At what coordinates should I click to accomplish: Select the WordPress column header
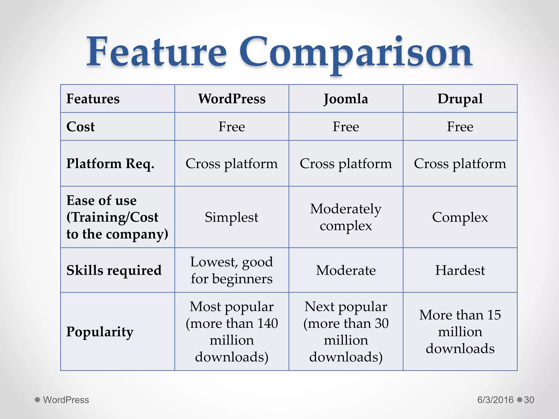pyautogui.click(x=232, y=99)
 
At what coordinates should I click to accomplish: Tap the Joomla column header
pyautogui.click(x=346, y=99)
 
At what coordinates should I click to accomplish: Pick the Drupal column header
pyautogui.click(x=460, y=99)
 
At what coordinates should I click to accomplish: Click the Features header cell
pyautogui.click(x=93, y=99)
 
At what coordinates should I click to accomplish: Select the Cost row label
pyautogui.click(x=81, y=127)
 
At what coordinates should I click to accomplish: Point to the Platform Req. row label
pyautogui.click(x=110, y=164)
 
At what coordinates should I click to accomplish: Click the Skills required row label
pyautogui.click(x=114, y=270)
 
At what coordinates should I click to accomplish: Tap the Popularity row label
pyautogui.click(x=100, y=332)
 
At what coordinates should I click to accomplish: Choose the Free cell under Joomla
pyautogui.click(x=346, y=127)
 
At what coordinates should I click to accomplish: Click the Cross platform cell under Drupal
pyautogui.click(x=460, y=164)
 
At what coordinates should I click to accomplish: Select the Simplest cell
pyautogui.click(x=231, y=217)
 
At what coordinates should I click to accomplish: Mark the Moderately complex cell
pyautogui.click(x=346, y=217)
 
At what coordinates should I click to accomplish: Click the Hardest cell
pyautogui.click(x=460, y=270)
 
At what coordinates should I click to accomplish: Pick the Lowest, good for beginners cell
pyautogui.click(x=231, y=270)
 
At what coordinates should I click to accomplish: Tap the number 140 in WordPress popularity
pyautogui.click(x=267, y=324)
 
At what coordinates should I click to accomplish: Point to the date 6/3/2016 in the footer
pyautogui.click(x=495, y=400)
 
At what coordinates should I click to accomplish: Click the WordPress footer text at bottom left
pyautogui.click(x=66, y=400)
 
